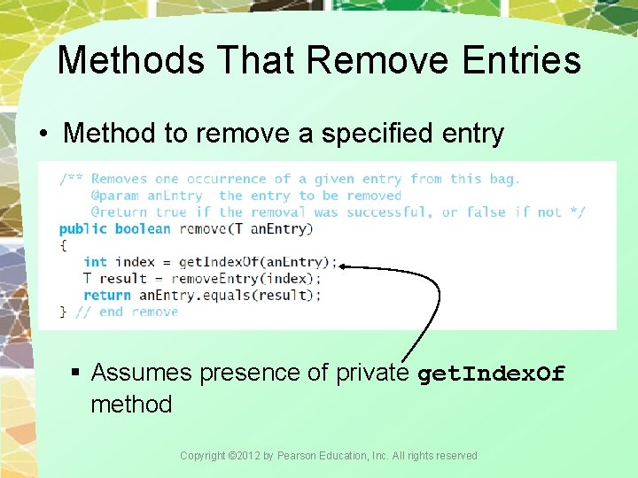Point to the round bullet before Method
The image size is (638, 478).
(43, 134)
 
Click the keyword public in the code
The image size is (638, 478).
(83, 228)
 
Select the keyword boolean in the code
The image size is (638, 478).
(143, 228)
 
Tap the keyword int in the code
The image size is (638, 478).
(95, 262)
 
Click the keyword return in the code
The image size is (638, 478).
(107, 296)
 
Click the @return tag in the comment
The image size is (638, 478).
(119, 212)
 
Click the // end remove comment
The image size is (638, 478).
(127, 312)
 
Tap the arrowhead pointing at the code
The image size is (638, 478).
(345, 265)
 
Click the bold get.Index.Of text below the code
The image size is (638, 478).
(490, 374)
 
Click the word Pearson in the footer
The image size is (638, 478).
(299, 456)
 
